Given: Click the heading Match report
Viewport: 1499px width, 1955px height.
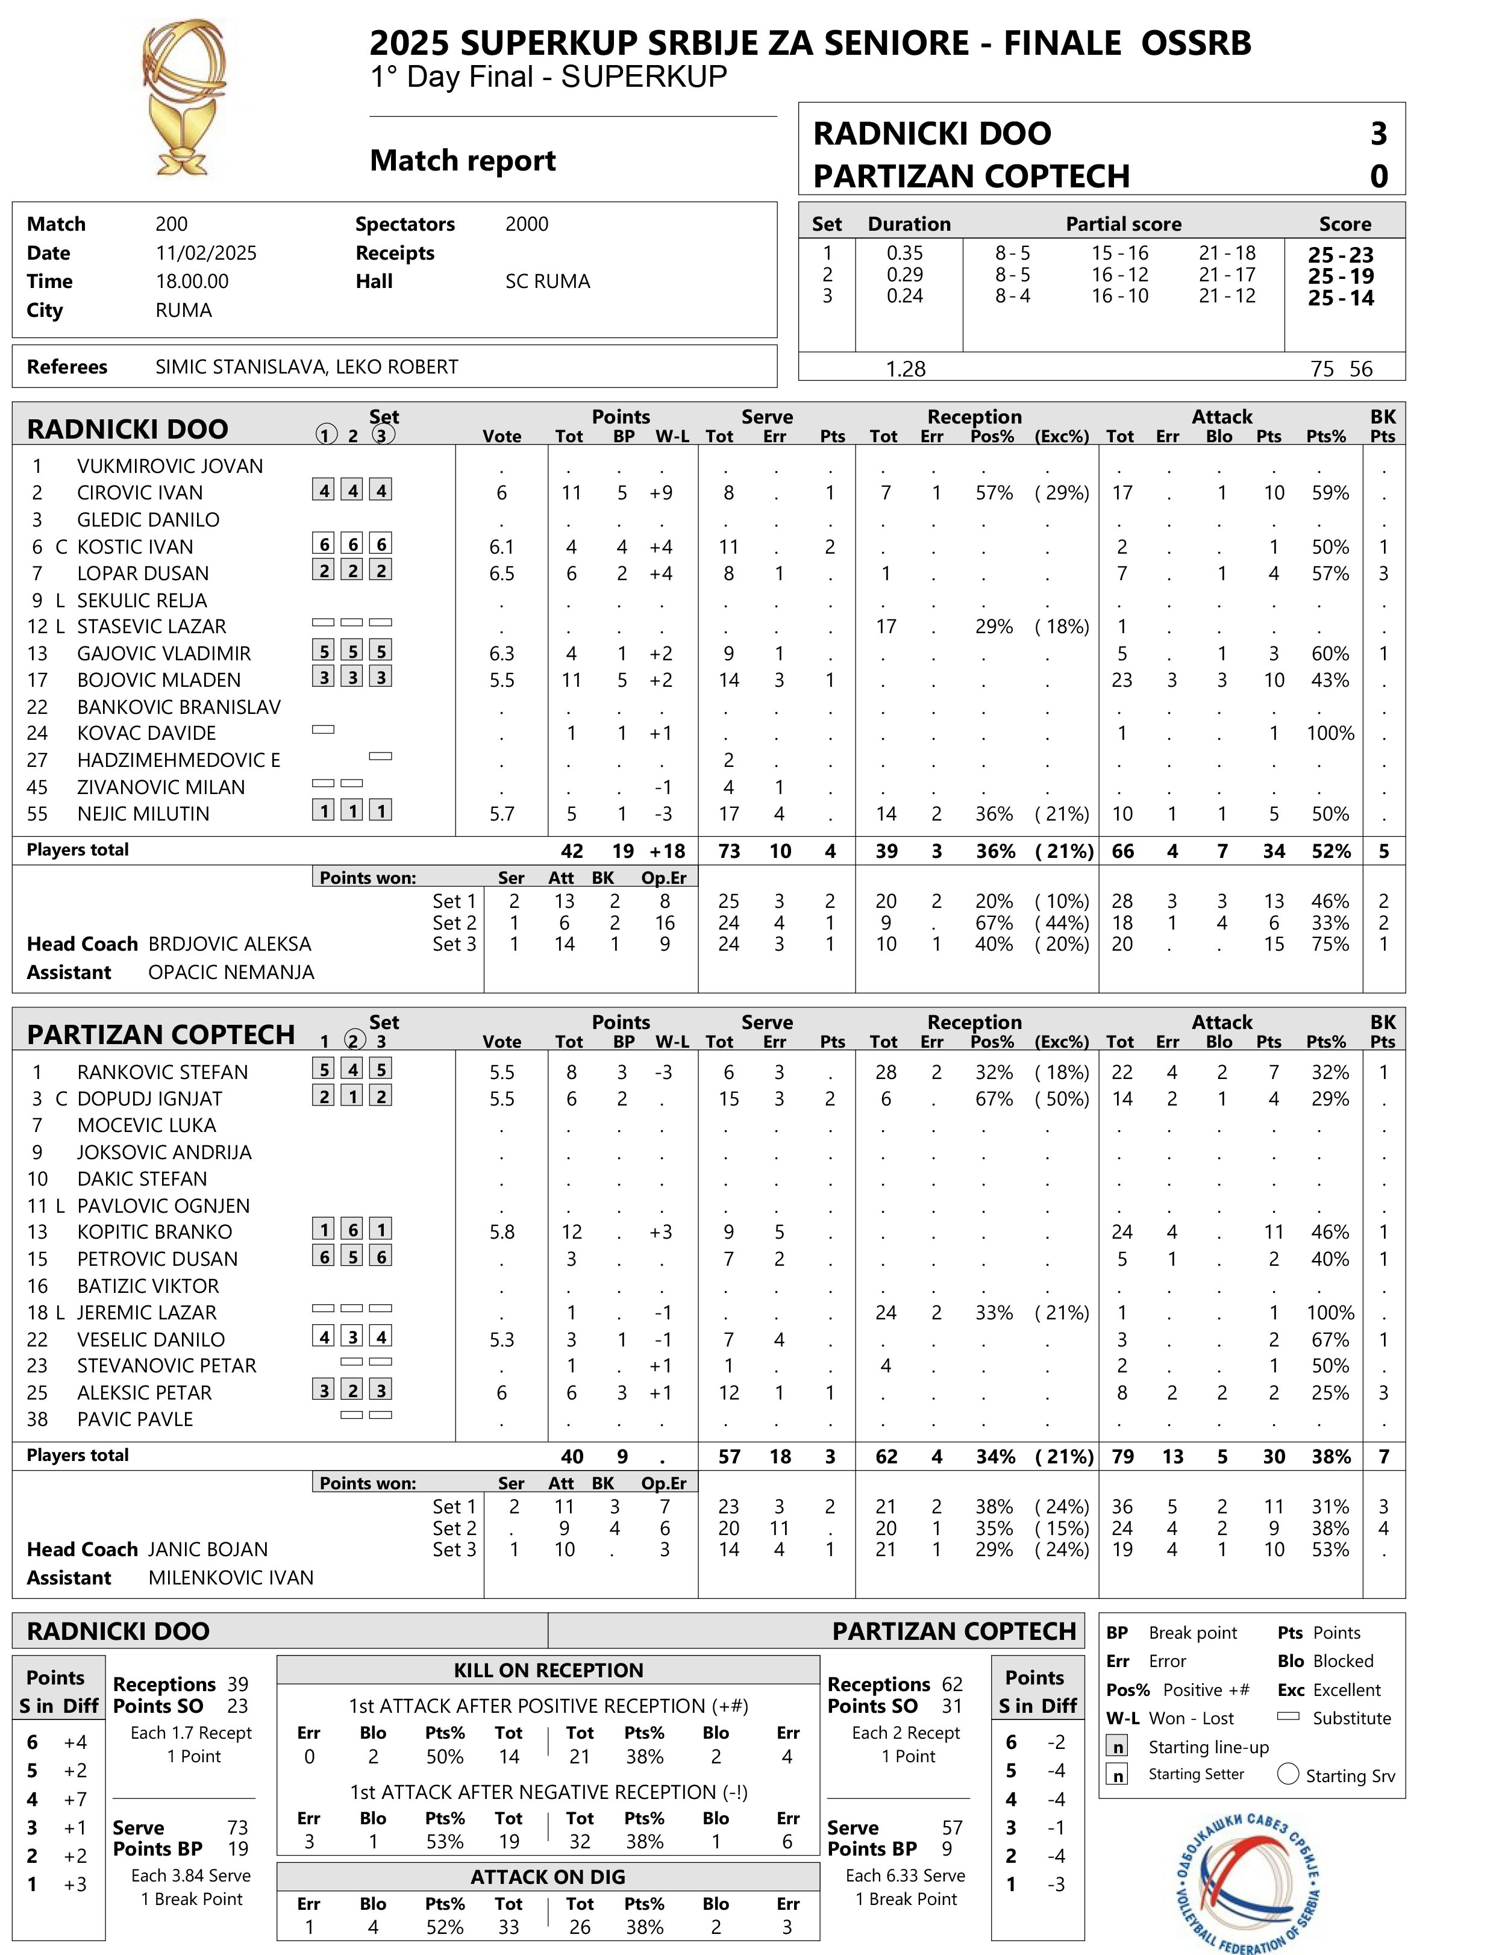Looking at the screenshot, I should click(462, 161).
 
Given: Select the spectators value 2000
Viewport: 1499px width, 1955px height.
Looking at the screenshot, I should click(527, 224).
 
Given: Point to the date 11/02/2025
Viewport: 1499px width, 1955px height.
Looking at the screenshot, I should click(206, 252).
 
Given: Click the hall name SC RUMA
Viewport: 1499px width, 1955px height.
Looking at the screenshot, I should click(548, 281).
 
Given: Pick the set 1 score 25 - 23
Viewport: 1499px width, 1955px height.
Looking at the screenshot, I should click(1340, 254).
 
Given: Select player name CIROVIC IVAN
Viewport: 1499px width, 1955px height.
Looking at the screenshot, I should click(140, 493).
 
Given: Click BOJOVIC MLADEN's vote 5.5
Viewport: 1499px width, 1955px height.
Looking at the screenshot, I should click(501, 680).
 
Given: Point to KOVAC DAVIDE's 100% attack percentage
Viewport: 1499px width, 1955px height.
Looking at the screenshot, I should click(1330, 733).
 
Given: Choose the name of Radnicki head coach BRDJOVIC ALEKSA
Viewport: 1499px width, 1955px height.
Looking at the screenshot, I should click(230, 944).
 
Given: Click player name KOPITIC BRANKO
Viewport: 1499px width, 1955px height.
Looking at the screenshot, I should click(154, 1231).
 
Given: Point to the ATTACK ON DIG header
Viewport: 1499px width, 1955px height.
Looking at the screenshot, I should click(548, 1877).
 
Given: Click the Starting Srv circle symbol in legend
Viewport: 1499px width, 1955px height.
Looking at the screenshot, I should click(1288, 1774).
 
